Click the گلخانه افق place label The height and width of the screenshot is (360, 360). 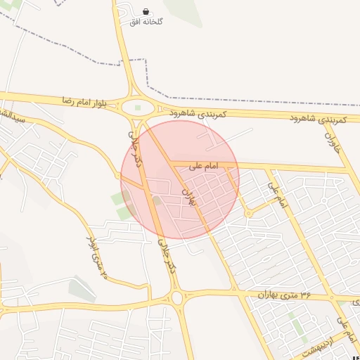click(x=146, y=22)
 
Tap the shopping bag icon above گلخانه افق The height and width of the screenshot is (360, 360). click(x=146, y=11)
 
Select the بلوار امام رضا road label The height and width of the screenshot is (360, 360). click(x=84, y=102)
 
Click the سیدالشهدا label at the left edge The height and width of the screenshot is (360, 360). click(x=13, y=117)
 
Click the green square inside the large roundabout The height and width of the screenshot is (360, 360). click(x=138, y=108)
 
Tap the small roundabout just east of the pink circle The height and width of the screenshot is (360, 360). click(x=248, y=213)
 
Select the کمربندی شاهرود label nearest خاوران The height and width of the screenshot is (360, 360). click(x=318, y=120)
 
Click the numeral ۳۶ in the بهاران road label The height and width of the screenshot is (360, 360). click(x=305, y=295)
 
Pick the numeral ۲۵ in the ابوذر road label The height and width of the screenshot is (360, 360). click(x=104, y=271)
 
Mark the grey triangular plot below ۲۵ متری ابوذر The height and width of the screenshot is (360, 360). click(x=82, y=288)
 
